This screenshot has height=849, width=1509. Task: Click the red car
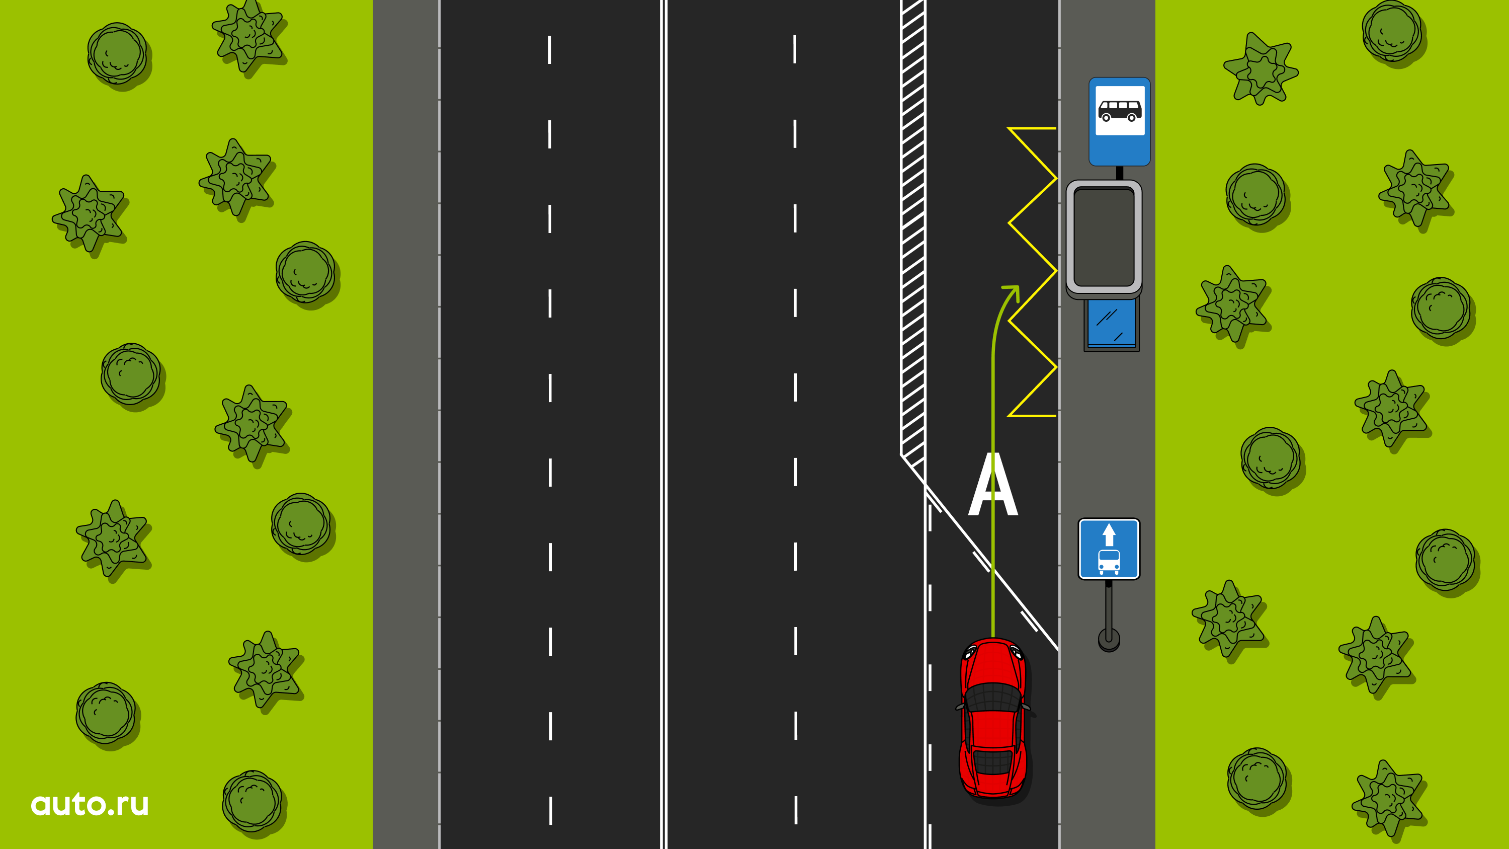tap(993, 718)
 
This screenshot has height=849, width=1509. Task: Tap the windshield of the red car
tap(993, 697)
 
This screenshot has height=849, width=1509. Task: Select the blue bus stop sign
tap(1120, 121)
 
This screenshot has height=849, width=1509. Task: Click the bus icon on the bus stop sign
tap(1120, 110)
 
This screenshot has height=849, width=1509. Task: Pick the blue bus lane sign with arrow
tap(1109, 549)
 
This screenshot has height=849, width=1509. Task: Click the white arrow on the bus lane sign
tap(1109, 534)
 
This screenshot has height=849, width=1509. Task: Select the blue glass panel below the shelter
tap(1111, 324)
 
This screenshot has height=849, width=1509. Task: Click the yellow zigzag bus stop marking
tap(1032, 271)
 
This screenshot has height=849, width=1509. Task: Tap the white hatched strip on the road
tap(912, 235)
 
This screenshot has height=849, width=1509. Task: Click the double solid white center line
tap(663, 424)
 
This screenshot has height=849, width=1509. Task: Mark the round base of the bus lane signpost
tap(1109, 639)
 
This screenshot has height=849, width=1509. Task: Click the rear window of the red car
tap(993, 762)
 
